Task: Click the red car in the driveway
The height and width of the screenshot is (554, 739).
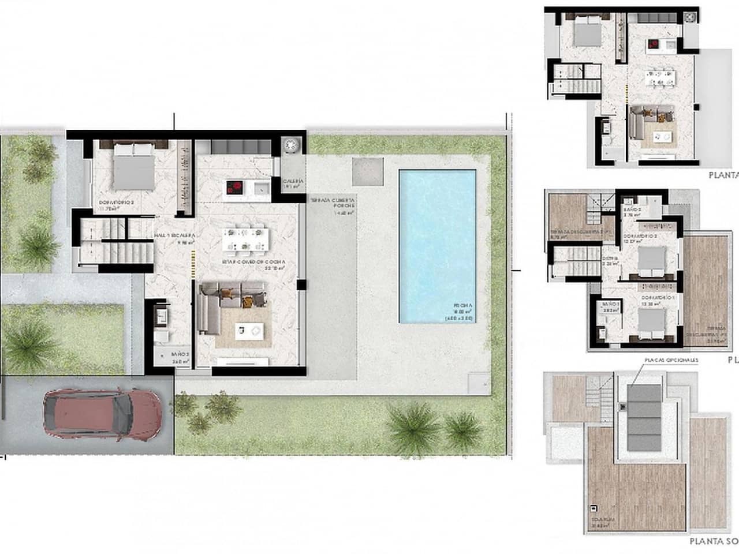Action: point(103,413)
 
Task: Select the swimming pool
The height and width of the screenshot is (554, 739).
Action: point(437,245)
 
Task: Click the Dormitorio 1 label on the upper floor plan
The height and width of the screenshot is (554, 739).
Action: point(658,298)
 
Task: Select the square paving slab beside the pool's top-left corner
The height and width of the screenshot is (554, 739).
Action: point(368,171)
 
